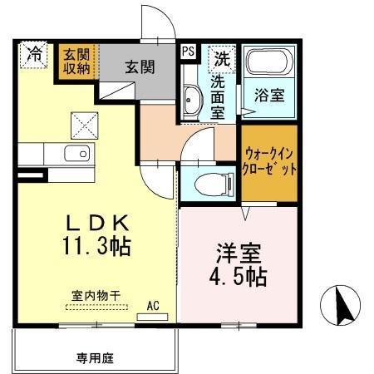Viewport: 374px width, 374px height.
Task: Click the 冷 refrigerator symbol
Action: tap(34, 55)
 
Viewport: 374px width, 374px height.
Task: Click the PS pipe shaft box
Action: tap(188, 52)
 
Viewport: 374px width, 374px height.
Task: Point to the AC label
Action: tap(153, 305)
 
